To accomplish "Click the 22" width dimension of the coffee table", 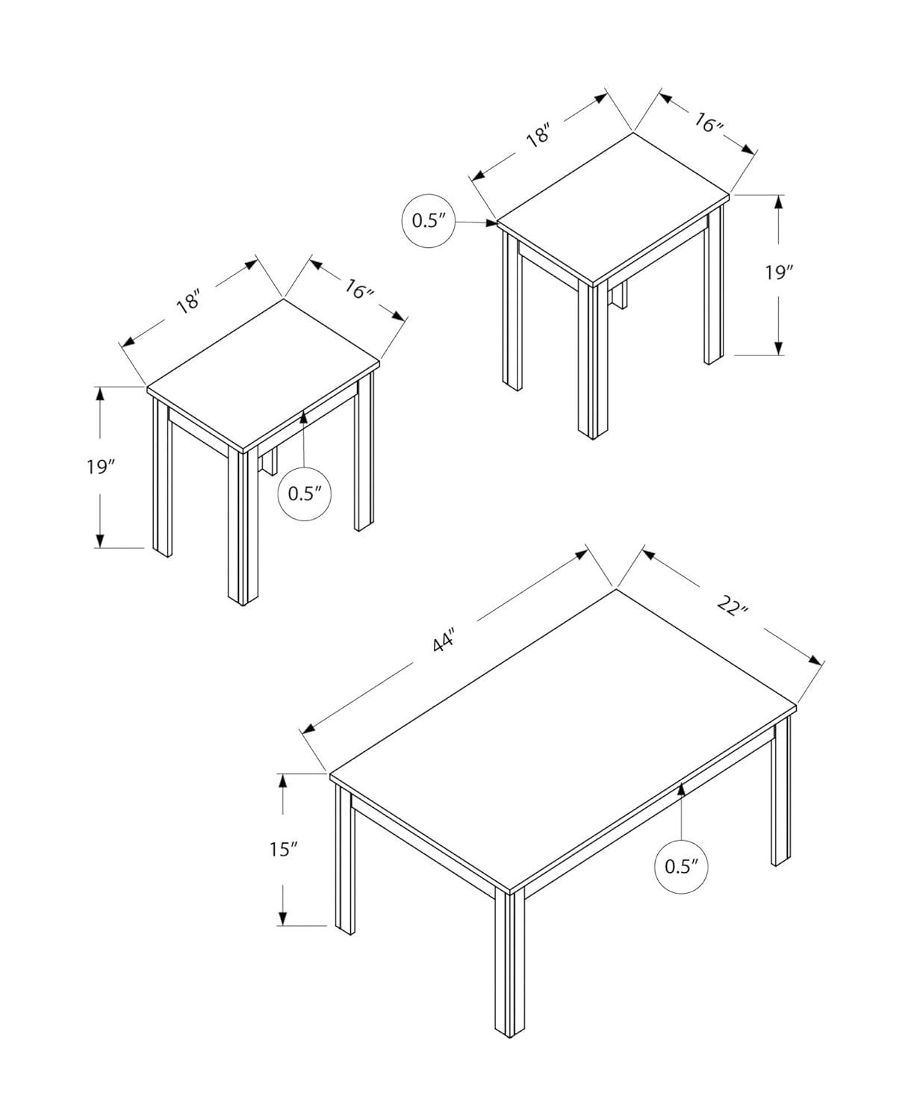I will (x=733, y=605).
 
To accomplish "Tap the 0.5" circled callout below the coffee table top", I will (x=680, y=865).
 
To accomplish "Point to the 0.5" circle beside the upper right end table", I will (x=429, y=220).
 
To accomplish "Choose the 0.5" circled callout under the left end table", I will (x=304, y=493).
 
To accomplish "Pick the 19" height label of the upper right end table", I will (x=778, y=273).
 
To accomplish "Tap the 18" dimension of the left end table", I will (x=189, y=302).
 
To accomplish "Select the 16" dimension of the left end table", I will (x=359, y=288).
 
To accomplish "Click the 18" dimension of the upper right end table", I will (x=538, y=137).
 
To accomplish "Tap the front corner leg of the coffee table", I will (x=506, y=963).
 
